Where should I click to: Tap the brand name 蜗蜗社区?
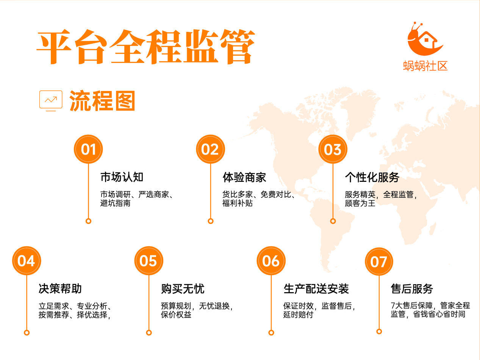(x=425, y=66)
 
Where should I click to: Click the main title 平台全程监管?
(x=146, y=47)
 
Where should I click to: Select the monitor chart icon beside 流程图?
(x=51, y=100)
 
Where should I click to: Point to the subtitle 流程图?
(x=102, y=100)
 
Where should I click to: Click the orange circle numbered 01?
(x=88, y=149)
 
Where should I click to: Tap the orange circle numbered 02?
(x=210, y=149)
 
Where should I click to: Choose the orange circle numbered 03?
(x=333, y=149)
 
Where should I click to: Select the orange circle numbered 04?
(x=27, y=261)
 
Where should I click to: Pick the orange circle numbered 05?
(x=149, y=261)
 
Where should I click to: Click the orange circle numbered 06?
(x=271, y=261)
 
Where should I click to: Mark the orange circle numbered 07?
(x=379, y=261)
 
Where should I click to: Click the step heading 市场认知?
(x=122, y=177)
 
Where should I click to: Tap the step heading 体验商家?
(x=244, y=177)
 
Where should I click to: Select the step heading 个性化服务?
(x=372, y=177)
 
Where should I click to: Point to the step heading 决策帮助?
(x=60, y=288)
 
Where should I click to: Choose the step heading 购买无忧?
(x=183, y=288)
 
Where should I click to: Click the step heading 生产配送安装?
(x=316, y=288)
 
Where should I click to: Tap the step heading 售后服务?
(x=412, y=288)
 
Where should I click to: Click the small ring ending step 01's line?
(x=88, y=221)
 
